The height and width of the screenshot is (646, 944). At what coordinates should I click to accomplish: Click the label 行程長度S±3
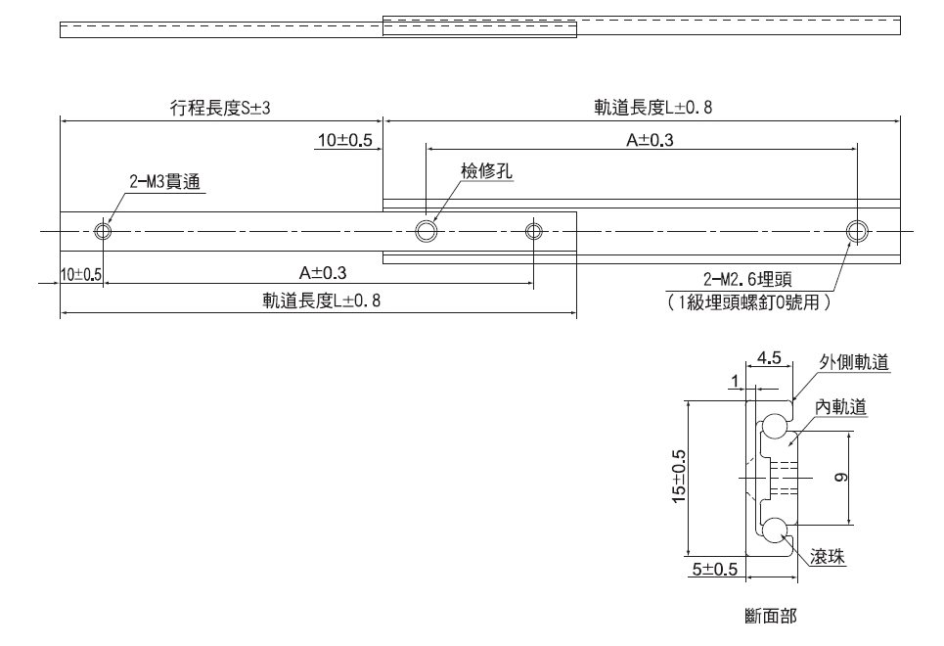click(x=220, y=109)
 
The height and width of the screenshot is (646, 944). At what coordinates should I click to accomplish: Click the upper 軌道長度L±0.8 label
click(x=652, y=109)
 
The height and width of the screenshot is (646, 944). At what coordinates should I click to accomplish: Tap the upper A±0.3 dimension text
click(x=650, y=140)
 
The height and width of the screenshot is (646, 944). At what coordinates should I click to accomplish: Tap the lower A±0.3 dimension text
click(x=324, y=272)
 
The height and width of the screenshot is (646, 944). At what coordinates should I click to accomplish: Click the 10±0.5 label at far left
click(x=81, y=274)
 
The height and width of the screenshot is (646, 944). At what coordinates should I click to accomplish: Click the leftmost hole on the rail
click(x=104, y=231)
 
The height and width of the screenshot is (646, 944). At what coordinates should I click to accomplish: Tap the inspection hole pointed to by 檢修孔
click(x=426, y=231)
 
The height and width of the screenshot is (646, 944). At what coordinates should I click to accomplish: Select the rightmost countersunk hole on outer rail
click(x=857, y=231)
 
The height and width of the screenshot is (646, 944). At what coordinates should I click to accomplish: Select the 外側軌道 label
click(x=853, y=362)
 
